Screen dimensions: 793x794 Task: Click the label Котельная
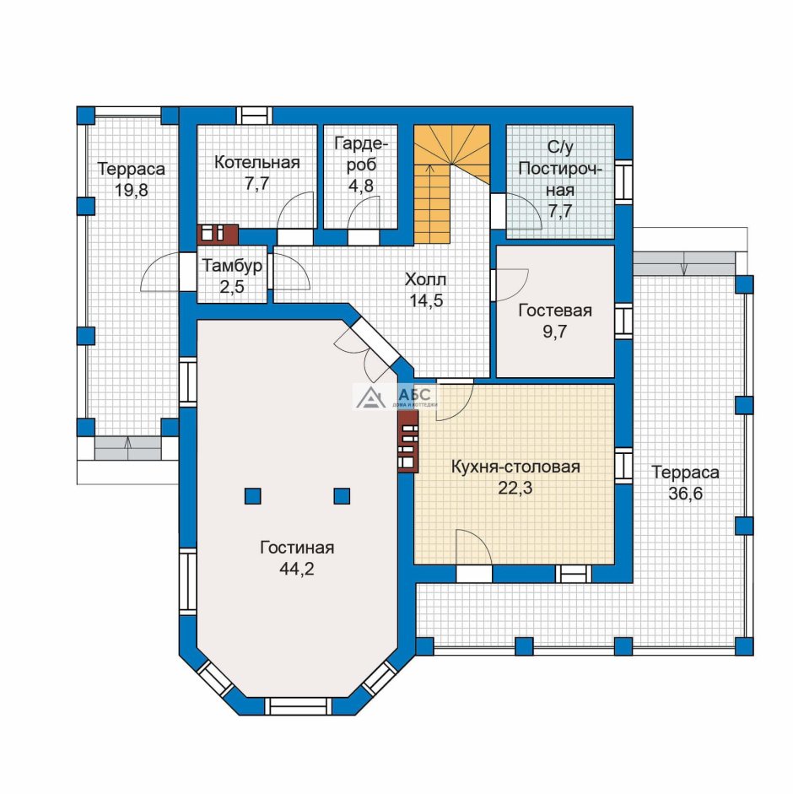point(256,163)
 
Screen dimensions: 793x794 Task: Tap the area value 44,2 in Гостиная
point(297,570)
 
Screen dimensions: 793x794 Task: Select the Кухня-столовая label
point(515,467)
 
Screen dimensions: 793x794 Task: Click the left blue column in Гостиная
point(253,496)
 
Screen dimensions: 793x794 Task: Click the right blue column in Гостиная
point(342,496)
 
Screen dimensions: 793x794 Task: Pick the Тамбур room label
point(232,266)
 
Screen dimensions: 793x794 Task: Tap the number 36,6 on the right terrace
point(685,494)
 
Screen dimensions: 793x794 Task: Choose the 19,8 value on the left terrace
point(131,191)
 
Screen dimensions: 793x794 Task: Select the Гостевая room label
point(555,311)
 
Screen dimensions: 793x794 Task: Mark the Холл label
point(425,279)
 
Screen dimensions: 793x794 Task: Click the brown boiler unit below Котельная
point(218,234)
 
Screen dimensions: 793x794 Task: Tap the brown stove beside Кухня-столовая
point(407,441)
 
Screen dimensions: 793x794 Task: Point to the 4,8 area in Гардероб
point(360,186)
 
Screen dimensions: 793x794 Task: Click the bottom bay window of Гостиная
point(298,706)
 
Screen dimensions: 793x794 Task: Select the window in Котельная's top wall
point(254,116)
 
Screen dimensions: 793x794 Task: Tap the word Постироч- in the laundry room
point(559,168)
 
